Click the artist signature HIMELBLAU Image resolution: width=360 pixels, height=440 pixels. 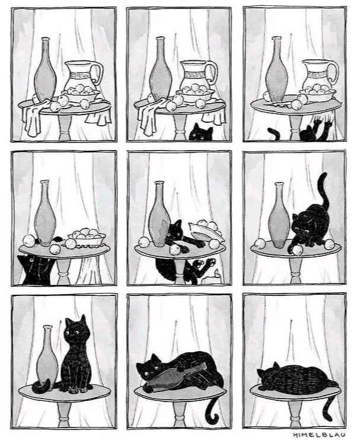pos(319,435)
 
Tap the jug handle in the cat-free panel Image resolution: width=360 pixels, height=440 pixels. pos(98,73)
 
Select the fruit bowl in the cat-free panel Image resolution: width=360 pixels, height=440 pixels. pos(81,94)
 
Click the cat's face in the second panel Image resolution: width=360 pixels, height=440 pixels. pos(200,133)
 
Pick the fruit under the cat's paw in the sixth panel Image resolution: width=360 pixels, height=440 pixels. pos(297,250)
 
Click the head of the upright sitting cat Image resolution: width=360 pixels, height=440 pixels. pos(77,330)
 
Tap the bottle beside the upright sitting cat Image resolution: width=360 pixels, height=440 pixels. pos(47,358)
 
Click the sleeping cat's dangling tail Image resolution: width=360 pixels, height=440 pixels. pos(329,406)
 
